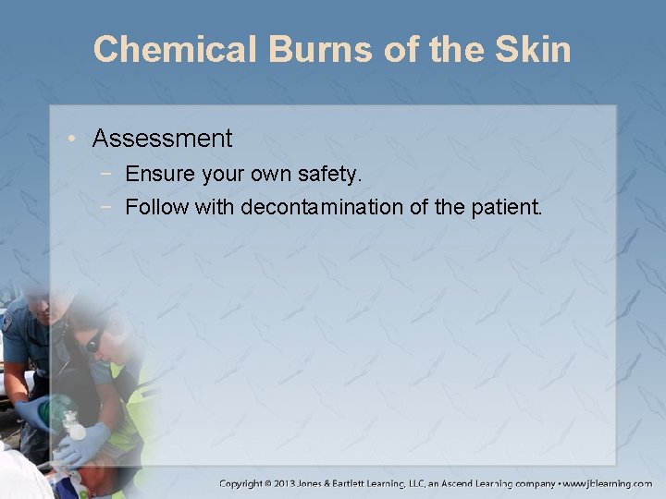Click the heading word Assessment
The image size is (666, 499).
162,139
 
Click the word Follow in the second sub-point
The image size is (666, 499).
156,206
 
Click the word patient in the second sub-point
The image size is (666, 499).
504,206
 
